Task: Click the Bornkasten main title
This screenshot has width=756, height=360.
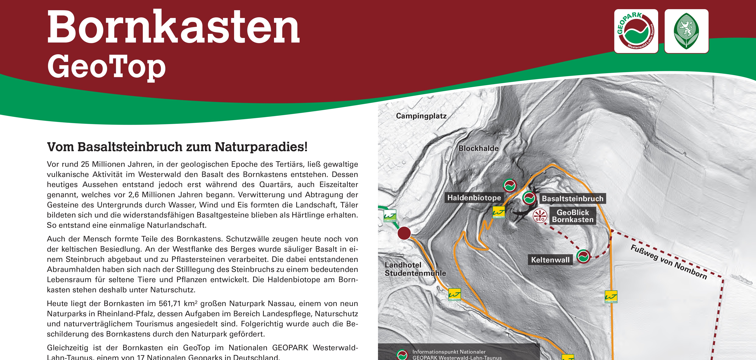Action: pos(173,28)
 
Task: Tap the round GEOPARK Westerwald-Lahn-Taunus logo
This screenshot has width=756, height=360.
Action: pos(636,31)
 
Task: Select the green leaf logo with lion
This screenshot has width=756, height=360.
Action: pos(686,31)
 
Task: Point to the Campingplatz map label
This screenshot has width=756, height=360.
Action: pos(421,116)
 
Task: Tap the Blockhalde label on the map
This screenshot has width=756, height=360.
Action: pos(478,148)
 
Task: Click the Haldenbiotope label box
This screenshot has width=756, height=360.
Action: pos(474,198)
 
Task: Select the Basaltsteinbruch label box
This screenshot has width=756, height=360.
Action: pos(572,198)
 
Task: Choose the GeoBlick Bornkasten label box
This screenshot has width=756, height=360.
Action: pos(573,216)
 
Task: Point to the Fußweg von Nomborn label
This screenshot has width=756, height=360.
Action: pos(669,262)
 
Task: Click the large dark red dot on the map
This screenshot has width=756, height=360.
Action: pos(404,233)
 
